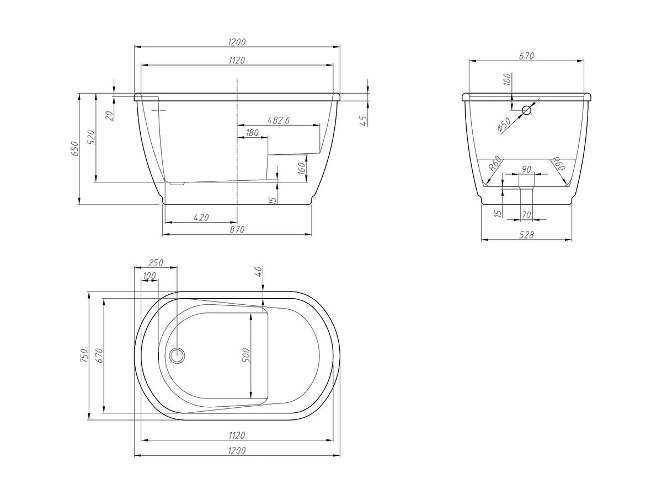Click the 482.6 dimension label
278,121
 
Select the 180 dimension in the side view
252,132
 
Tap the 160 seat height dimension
302,168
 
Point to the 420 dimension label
201,218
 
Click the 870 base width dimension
237,229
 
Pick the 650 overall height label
74,148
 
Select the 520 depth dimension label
91,137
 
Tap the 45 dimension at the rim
364,121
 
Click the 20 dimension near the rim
110,116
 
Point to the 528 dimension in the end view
526,235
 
